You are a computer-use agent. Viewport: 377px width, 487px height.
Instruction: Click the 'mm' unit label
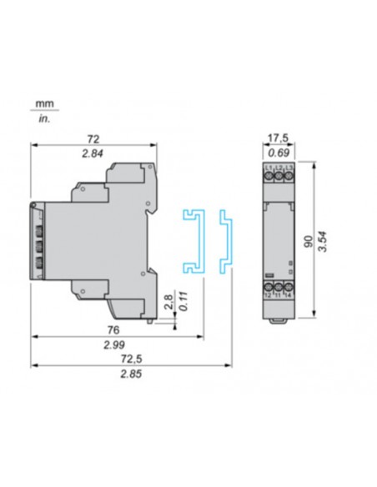tap(42, 103)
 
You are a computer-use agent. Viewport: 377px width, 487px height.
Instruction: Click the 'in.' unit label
tap(43, 118)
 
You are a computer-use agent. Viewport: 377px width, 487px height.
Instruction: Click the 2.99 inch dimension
tap(115, 344)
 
